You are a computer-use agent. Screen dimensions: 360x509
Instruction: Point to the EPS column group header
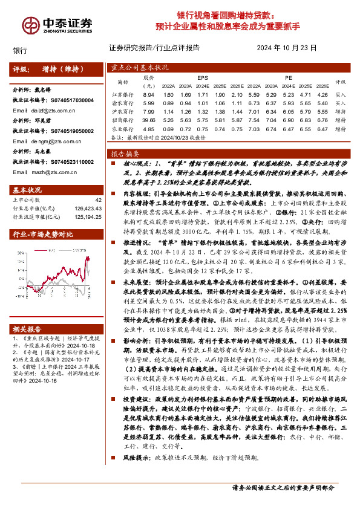[203, 78]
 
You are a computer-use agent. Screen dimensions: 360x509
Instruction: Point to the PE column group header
[289, 78]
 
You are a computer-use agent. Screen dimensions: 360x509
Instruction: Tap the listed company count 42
[98, 199]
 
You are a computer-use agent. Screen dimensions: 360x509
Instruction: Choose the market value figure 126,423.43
[89, 208]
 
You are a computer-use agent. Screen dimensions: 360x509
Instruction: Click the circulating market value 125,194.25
[89, 216]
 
